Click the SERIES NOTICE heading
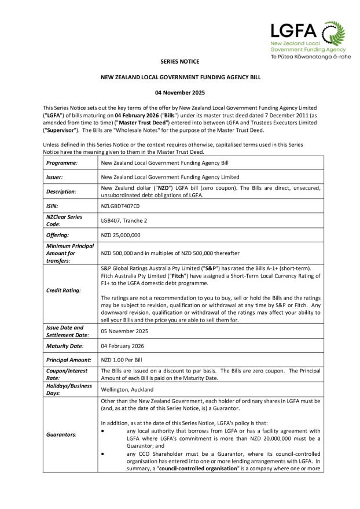(x=179, y=62)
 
